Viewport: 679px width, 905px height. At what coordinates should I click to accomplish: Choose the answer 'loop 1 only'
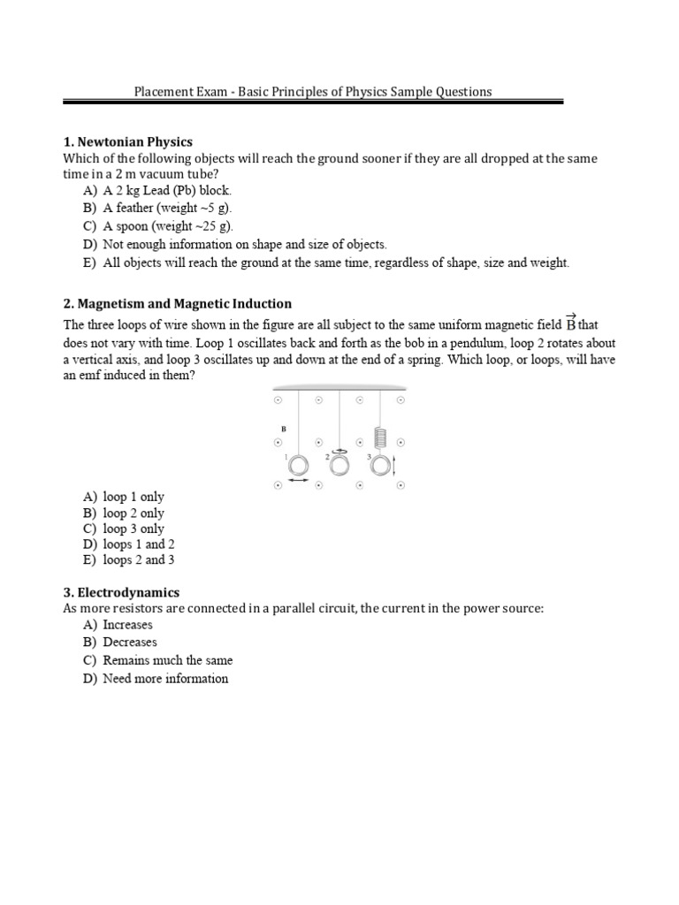133,497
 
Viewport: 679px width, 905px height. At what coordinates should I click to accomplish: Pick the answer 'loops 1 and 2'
138,544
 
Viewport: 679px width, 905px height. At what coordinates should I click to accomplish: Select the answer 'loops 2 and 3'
138,560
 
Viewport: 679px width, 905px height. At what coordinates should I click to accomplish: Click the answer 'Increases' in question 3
127,624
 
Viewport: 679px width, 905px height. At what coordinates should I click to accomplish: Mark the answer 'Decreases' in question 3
129,642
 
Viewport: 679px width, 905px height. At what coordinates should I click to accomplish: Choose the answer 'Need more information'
164,679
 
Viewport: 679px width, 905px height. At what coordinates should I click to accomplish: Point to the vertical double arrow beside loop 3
394,466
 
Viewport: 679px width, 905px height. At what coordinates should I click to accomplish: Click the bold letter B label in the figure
283,429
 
